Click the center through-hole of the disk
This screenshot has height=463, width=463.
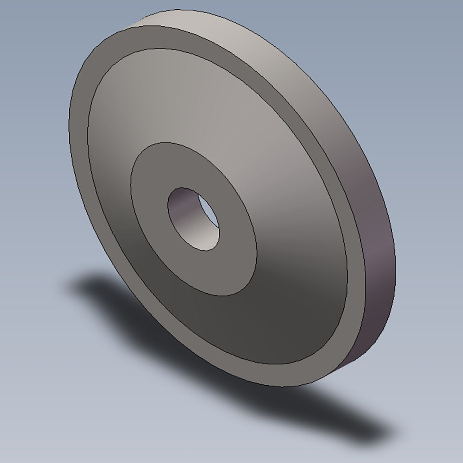tap(194, 219)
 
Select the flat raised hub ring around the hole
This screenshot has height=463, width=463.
tap(231, 259)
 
